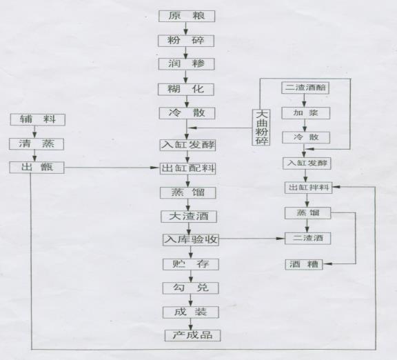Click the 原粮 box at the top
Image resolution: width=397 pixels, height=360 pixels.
coord(187,17)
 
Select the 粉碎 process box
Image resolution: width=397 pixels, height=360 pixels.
coord(186,41)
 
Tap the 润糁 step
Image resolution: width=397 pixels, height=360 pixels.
coord(187,64)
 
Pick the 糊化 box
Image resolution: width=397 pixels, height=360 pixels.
coord(186,90)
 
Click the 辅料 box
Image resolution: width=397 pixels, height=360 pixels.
coord(38,119)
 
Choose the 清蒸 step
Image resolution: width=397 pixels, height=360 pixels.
coord(37,144)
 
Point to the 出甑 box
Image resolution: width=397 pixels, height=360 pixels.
coord(37,168)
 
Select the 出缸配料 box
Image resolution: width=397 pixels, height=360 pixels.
coord(188,168)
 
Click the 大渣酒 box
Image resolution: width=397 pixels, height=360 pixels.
coord(189,217)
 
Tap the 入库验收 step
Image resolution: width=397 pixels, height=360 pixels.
coord(191,239)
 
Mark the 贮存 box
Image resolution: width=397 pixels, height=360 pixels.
coord(191,264)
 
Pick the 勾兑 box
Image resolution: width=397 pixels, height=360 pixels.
coord(191,288)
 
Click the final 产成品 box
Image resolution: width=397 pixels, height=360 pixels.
coord(193,335)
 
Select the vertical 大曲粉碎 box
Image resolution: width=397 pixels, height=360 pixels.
coord(261,127)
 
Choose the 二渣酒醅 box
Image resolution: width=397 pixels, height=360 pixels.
coord(305,88)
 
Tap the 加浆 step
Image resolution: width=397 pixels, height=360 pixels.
coord(306,113)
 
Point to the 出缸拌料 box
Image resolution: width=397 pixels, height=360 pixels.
coord(308,188)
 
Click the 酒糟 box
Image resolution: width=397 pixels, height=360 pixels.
coord(304,265)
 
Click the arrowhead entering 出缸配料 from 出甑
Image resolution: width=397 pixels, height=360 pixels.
coord(154,168)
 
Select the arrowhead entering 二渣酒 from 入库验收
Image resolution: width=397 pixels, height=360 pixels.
coord(281,239)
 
